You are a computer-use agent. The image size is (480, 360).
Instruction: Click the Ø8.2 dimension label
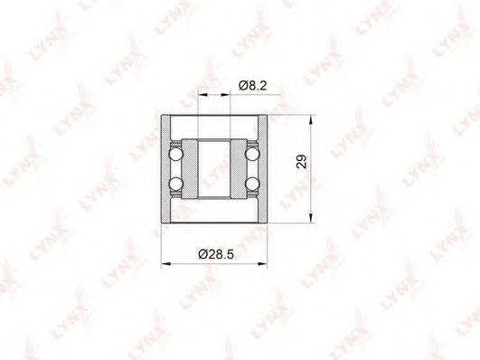click(x=252, y=86)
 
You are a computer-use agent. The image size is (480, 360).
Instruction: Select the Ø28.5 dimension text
click(x=216, y=254)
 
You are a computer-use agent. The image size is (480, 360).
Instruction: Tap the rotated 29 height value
click(x=302, y=162)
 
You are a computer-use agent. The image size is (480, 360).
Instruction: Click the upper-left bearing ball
click(x=176, y=154)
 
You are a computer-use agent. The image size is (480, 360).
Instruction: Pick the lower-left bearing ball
click(x=176, y=185)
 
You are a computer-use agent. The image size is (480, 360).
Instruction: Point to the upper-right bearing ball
click(x=252, y=154)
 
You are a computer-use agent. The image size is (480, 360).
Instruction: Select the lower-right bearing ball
click(x=252, y=185)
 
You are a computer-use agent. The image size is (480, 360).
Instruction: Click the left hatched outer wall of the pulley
click(x=165, y=169)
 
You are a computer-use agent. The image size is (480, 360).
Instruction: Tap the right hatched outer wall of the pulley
click(x=263, y=169)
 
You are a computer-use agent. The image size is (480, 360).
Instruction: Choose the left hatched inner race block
click(x=190, y=169)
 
